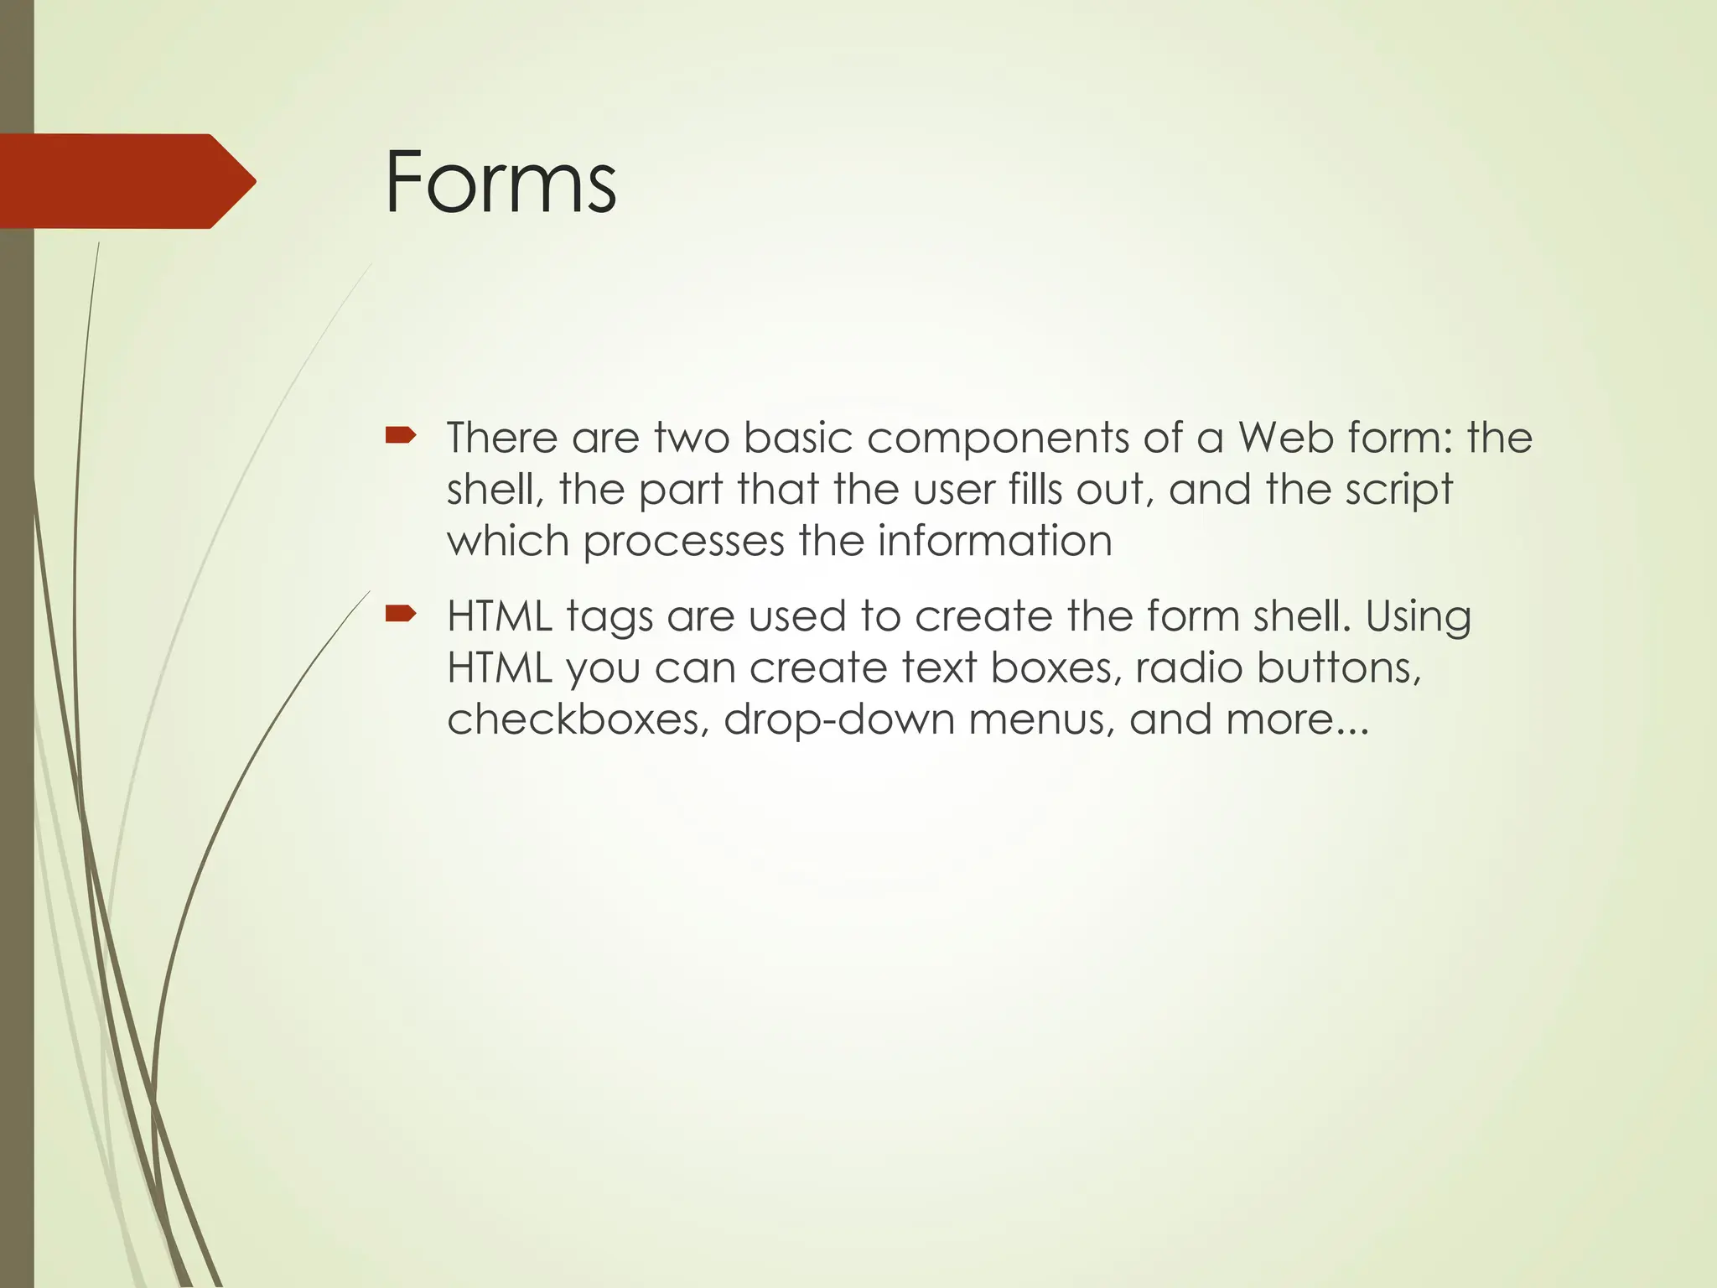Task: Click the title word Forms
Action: [x=501, y=182]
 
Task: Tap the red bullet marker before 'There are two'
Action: [x=400, y=434]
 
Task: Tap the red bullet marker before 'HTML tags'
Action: [x=400, y=614]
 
